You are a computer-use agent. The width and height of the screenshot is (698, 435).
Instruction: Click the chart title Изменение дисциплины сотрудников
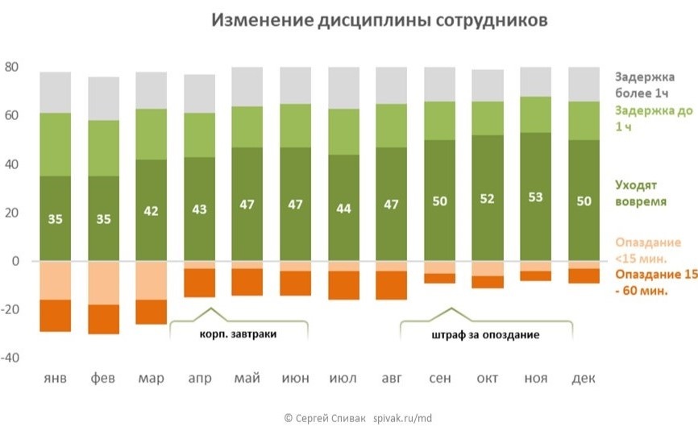380,20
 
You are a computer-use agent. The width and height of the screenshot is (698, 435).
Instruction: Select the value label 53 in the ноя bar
535,197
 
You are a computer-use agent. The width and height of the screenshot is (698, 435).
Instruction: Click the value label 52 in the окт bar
487,199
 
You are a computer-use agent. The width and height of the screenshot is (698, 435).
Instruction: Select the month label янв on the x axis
55,379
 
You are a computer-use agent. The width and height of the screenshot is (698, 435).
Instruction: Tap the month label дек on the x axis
583,379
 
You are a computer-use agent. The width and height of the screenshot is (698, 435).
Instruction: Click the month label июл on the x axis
344,379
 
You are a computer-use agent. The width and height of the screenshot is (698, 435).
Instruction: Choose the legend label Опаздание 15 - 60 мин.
654,283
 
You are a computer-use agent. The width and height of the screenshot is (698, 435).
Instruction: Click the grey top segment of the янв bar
56,92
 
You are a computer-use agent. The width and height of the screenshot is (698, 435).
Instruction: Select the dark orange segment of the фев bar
103,319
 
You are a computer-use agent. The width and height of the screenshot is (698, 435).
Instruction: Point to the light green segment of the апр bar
200,135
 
